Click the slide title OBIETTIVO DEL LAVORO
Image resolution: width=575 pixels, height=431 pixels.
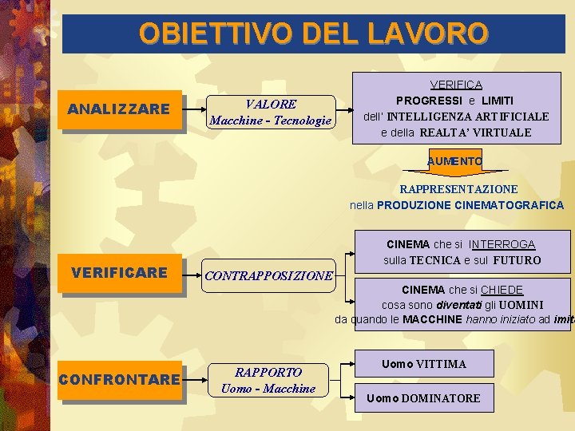pyautogui.click(x=313, y=33)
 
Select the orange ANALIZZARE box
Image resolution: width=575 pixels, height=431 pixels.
pyautogui.click(x=119, y=109)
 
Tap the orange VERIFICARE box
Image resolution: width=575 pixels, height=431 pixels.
pyautogui.click(x=119, y=273)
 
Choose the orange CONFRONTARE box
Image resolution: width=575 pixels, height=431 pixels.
pyautogui.click(x=119, y=379)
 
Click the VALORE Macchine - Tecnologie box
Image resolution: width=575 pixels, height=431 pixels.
pyautogui.click(x=270, y=113)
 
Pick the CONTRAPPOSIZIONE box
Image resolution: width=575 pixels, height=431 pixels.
pyautogui.click(x=268, y=276)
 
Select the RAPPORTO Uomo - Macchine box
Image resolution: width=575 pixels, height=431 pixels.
pyautogui.click(x=268, y=380)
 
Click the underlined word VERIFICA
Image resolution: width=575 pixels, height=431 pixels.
pyautogui.click(x=456, y=85)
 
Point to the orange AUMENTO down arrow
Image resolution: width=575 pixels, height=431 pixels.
pyautogui.click(x=454, y=162)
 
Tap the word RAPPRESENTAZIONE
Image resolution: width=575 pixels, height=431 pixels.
pyautogui.click(x=458, y=189)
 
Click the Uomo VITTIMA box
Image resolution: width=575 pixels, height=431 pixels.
pyautogui.click(x=424, y=364)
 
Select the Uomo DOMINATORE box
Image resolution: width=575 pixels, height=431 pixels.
pyautogui.click(x=423, y=397)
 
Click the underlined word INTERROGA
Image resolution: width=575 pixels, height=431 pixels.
pyautogui.click(x=502, y=244)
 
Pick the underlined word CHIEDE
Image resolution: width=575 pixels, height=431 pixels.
pyautogui.click(x=502, y=290)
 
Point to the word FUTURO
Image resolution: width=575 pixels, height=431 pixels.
pyautogui.click(x=517, y=260)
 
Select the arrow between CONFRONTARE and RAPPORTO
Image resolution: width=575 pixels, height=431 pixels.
pyautogui.click(x=195, y=380)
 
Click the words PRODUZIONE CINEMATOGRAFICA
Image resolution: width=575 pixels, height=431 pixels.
pyautogui.click(x=470, y=205)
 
